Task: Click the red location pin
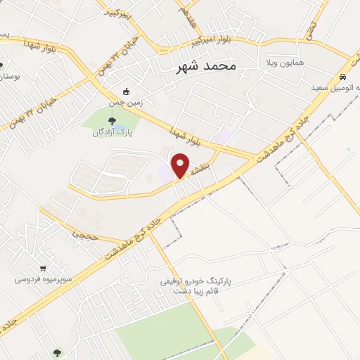tap(181, 165)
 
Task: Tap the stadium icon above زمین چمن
tap(126, 91)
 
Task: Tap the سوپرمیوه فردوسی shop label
tap(43, 279)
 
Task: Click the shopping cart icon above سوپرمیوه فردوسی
tap(44, 268)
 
